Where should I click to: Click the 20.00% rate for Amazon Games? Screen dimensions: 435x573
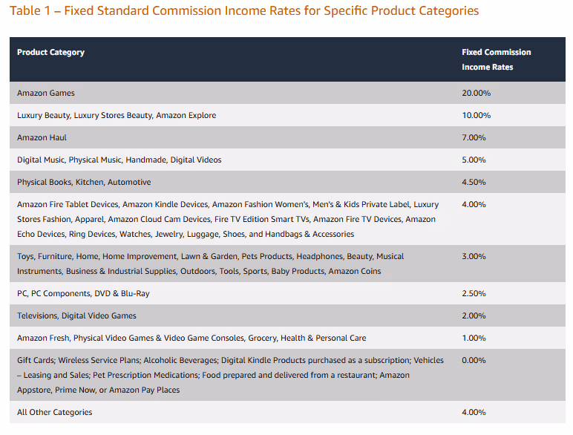pos(476,93)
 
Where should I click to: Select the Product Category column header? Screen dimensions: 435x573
pos(50,52)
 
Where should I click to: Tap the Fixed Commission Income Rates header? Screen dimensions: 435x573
pos(496,59)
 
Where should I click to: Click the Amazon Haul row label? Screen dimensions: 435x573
pos(42,137)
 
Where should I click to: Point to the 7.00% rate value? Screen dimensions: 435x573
pos(474,137)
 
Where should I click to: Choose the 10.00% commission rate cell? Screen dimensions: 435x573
pos(476,115)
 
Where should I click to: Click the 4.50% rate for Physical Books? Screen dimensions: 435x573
pos(474,182)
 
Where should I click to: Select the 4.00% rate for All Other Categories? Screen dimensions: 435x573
pos(474,412)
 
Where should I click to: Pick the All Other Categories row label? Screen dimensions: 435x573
pos(54,412)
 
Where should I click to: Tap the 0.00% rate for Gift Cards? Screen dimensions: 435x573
pos(474,360)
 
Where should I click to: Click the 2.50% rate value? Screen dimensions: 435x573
pos(474,293)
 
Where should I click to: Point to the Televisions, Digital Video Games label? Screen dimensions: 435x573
pos(76,315)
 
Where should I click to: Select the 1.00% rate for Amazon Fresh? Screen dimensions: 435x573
pos(474,338)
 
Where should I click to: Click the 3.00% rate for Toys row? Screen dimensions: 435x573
pos(474,256)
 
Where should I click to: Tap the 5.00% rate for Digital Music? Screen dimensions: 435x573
pos(474,160)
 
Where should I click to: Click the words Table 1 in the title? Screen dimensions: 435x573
pos(30,11)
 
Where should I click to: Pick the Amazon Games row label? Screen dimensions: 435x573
pos(46,93)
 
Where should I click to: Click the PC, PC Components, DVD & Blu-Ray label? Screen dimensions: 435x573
pos(83,293)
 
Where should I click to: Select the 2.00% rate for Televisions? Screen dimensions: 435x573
pos(474,315)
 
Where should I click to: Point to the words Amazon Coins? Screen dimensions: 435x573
pos(354,271)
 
